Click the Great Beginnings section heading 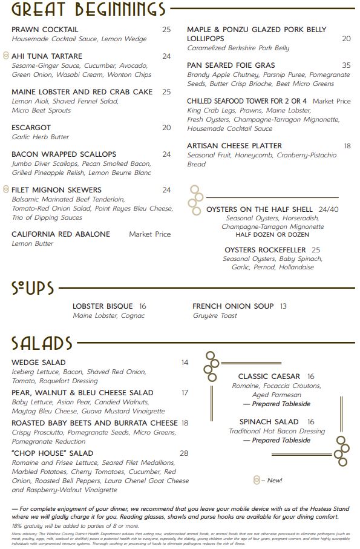[x=88, y=10]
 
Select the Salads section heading [x=42, y=343]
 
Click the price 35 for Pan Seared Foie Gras [x=346, y=65]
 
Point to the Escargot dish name [x=31, y=128]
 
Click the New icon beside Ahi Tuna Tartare [x=6, y=56]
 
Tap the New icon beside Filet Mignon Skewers [x=6, y=189]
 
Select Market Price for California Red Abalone [x=149, y=234]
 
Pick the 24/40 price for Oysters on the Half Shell [x=329, y=209]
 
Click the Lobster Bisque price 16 [x=143, y=306]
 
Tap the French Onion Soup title [x=233, y=306]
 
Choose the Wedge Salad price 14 [x=185, y=363]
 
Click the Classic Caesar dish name [x=269, y=376]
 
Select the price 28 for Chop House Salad [x=184, y=453]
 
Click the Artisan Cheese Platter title [x=234, y=146]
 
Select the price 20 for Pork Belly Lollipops [x=346, y=39]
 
